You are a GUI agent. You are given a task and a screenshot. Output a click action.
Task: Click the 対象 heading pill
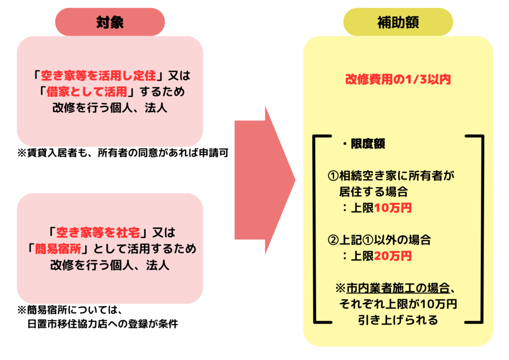click(x=110, y=22)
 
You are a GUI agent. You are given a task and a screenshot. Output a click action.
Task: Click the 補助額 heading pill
click(x=398, y=22)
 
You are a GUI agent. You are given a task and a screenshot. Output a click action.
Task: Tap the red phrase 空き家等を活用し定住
click(x=98, y=76)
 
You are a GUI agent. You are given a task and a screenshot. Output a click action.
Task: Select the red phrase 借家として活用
click(x=86, y=92)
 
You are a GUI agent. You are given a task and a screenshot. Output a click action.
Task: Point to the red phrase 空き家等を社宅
click(x=98, y=232)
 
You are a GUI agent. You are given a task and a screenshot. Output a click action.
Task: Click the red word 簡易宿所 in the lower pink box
click(x=58, y=249)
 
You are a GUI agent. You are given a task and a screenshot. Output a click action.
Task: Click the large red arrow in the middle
click(x=265, y=180)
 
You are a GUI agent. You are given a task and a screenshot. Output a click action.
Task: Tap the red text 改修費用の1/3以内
click(x=398, y=79)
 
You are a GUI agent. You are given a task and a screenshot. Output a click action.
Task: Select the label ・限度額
click(x=364, y=144)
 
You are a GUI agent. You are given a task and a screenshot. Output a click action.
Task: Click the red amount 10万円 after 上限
click(x=393, y=208)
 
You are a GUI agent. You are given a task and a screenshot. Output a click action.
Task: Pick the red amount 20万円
click(x=393, y=256)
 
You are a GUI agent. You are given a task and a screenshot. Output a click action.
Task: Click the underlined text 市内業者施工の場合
click(x=398, y=288)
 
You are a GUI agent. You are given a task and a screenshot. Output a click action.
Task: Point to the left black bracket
click(x=314, y=229)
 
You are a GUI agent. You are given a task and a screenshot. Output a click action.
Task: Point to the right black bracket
click(x=482, y=229)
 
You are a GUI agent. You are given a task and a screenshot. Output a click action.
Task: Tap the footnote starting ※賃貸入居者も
click(x=123, y=153)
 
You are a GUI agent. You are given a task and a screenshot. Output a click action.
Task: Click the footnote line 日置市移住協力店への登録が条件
click(x=102, y=324)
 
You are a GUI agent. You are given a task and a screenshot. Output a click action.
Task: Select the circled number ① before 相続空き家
click(x=334, y=176)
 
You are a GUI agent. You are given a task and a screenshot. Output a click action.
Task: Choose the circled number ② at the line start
click(x=334, y=240)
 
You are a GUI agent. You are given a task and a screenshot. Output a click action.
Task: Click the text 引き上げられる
click(x=398, y=320)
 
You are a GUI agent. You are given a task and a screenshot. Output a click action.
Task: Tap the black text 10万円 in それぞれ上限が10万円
click(x=438, y=304)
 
